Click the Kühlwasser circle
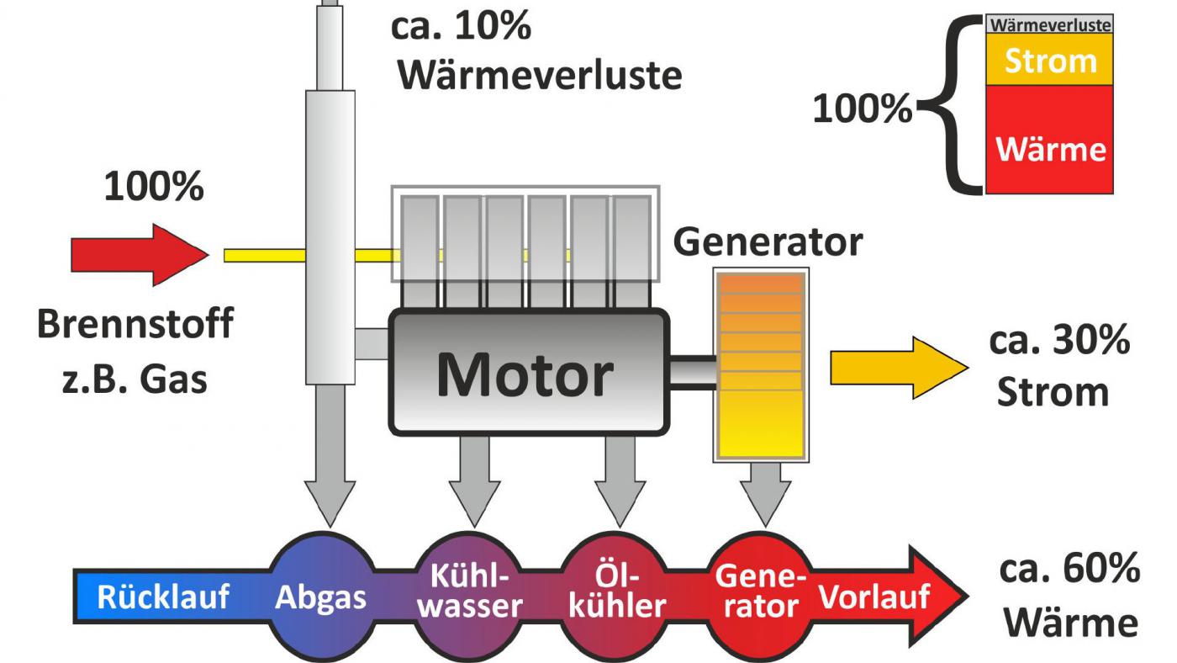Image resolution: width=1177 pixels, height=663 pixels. (469, 592)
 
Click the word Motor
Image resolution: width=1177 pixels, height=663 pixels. (525, 374)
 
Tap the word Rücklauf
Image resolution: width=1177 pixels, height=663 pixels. (163, 597)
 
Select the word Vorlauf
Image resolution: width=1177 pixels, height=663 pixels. (874, 597)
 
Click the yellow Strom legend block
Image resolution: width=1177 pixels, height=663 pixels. (1050, 60)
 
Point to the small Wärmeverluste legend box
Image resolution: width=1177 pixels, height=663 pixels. (1050, 24)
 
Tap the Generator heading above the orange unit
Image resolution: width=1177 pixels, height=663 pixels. (768, 242)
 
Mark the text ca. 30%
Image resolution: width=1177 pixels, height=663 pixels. (1058, 342)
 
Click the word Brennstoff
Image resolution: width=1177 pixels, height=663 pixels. (135, 325)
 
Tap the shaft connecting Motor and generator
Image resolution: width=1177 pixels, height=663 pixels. (693, 371)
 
